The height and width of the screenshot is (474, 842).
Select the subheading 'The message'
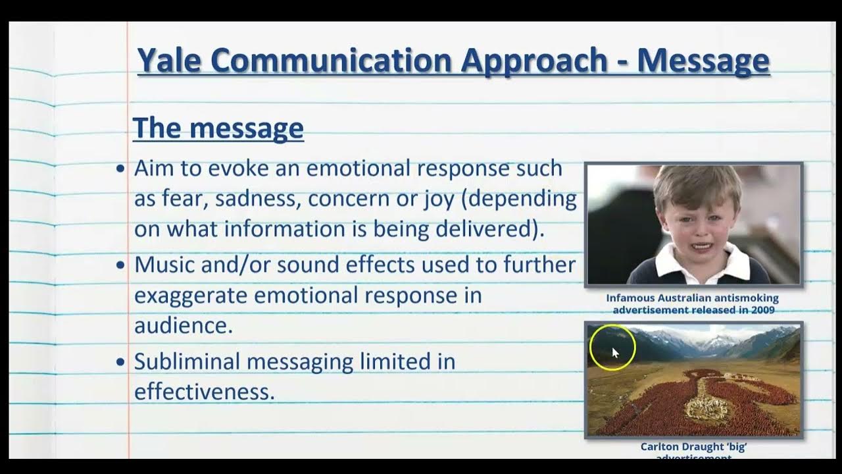(218, 128)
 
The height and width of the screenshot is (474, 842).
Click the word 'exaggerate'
(191, 295)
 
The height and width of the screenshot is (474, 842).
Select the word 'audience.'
(184, 325)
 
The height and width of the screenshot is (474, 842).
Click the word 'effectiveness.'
(204, 392)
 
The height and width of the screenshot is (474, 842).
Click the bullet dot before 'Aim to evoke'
(120, 169)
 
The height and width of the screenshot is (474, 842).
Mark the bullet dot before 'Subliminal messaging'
(120, 361)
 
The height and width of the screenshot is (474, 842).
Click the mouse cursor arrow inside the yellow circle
(615, 352)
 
